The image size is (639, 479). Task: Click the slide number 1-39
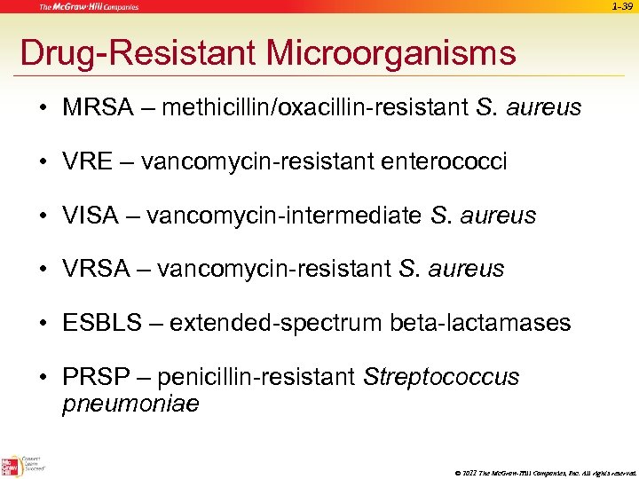(x=621, y=7)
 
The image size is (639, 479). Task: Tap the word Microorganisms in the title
(x=391, y=53)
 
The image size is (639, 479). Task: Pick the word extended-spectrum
(x=276, y=323)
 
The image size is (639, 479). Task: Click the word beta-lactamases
(x=480, y=323)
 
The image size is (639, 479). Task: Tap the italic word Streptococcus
(x=441, y=377)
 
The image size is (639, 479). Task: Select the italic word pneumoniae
(x=130, y=404)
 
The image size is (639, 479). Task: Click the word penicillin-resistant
(x=257, y=377)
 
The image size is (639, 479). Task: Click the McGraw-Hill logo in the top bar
(x=89, y=7)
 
